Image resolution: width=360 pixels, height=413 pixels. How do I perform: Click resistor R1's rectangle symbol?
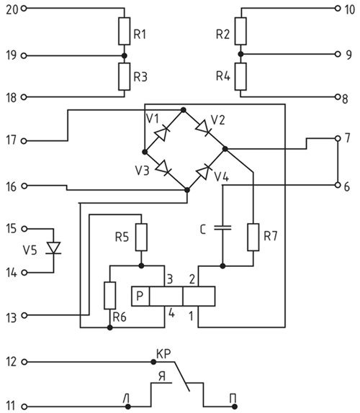pos(124,31)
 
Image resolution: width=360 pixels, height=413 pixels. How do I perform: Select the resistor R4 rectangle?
pos(240,76)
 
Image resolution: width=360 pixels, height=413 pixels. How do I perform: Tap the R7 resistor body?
pos(253,237)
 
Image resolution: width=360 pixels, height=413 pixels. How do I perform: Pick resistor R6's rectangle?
pos(110,295)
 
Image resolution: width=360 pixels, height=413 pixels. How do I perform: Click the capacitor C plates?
pos(222,228)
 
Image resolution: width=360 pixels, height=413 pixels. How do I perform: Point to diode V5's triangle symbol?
pos(53,248)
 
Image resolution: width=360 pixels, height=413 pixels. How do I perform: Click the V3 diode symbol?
pos(163,168)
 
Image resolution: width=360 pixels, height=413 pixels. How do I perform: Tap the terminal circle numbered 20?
pos(24,9)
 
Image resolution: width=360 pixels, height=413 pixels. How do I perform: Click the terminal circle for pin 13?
pos(24,315)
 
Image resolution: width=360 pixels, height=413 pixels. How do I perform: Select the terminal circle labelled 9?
pos(338,54)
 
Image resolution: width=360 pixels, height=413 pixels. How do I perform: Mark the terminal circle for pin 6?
pos(338,185)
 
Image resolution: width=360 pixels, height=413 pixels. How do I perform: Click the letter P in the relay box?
pos(140,296)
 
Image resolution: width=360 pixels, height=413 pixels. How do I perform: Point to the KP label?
pos(163,354)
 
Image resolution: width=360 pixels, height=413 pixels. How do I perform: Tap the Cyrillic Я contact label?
pos(162,376)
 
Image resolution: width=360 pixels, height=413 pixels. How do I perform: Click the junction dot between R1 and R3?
pos(125,56)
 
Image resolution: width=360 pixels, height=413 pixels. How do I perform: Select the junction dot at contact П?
pos(234,407)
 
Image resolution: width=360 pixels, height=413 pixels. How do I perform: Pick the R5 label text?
pos(122,237)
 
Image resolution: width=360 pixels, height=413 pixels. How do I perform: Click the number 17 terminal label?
pos(11,140)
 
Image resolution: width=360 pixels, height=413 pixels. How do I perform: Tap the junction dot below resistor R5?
pos(141,265)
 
